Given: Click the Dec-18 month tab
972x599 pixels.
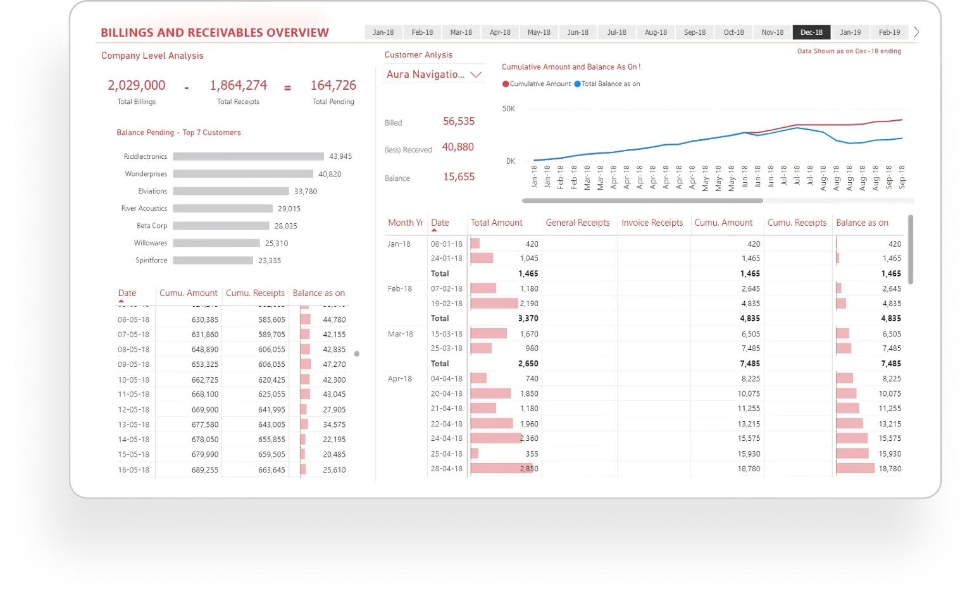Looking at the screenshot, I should click(811, 32).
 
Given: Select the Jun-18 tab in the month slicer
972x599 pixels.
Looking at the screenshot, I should click(578, 32).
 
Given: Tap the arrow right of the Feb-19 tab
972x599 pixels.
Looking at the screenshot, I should click(916, 32).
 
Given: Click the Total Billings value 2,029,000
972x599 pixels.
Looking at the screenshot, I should click(136, 85).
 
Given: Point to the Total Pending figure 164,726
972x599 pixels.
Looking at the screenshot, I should click(333, 85).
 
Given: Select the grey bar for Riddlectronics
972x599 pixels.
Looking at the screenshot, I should click(248, 156).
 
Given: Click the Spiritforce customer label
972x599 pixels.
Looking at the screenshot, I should click(151, 261).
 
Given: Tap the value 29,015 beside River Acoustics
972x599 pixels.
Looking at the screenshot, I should click(289, 209).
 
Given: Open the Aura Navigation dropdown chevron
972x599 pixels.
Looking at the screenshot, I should click(476, 75).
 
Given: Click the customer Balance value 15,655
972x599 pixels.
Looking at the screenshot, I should click(459, 177).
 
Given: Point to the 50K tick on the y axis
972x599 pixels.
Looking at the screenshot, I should click(509, 109).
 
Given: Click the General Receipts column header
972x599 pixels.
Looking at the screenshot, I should click(577, 223).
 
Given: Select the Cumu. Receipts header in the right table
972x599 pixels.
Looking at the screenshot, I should click(797, 223).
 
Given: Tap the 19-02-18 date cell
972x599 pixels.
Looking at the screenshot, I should click(446, 304).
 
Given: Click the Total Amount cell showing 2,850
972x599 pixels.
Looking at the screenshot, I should click(528, 469).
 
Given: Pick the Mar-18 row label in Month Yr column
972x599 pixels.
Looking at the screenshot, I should click(400, 334).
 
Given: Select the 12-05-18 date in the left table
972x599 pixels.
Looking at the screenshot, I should click(134, 410).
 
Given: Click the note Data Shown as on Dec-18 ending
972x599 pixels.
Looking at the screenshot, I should click(849, 51).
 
